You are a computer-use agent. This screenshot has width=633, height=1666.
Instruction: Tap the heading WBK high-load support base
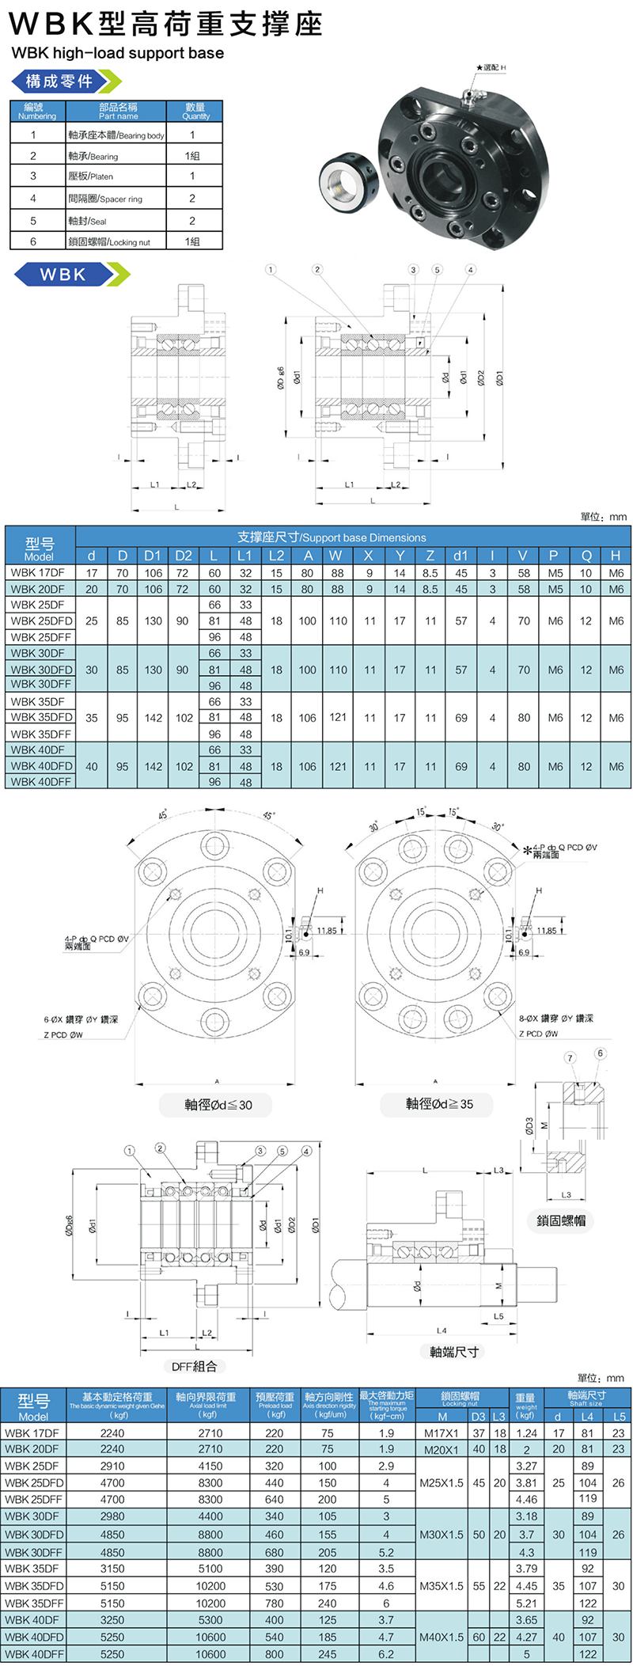click(117, 53)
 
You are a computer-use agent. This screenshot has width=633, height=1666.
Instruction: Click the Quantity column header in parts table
click(195, 111)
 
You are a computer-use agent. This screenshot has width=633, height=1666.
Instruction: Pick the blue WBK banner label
click(63, 275)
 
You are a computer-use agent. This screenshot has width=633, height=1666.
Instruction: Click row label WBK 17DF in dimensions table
click(38, 573)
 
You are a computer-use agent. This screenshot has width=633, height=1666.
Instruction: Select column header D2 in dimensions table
click(183, 556)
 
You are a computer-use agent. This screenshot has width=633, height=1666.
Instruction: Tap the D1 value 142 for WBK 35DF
click(153, 718)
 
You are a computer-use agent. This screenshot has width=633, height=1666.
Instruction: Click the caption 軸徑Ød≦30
click(218, 1104)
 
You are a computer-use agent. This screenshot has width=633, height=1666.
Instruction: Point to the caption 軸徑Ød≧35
click(439, 1103)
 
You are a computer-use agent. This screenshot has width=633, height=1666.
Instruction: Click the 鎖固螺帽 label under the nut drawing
click(561, 1220)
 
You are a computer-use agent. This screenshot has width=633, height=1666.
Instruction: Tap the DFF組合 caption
click(194, 1366)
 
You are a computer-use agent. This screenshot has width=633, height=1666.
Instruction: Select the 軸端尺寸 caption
click(454, 1352)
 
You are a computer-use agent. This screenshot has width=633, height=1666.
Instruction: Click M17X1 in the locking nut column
click(442, 1433)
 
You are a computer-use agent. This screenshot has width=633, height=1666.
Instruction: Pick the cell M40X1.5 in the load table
click(442, 1637)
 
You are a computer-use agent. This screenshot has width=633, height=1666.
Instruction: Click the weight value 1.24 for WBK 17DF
click(526, 1433)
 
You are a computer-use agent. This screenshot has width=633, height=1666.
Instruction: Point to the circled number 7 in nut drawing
click(570, 1057)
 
